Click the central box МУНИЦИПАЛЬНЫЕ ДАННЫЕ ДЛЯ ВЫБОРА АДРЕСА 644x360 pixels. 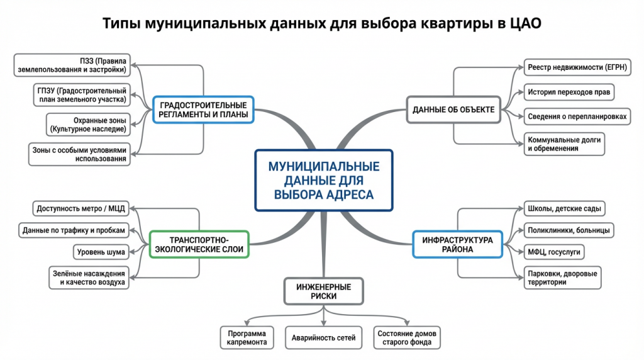point(323,180)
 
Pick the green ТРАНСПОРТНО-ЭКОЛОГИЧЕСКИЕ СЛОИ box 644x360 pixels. point(199,245)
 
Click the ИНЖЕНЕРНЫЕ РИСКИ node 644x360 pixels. point(323,291)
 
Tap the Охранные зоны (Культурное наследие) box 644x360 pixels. point(88,125)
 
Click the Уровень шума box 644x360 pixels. point(101,252)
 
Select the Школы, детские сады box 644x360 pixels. point(564,208)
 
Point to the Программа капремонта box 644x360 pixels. point(247,338)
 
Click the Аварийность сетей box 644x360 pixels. point(323,338)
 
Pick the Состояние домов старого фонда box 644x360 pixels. point(408,338)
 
